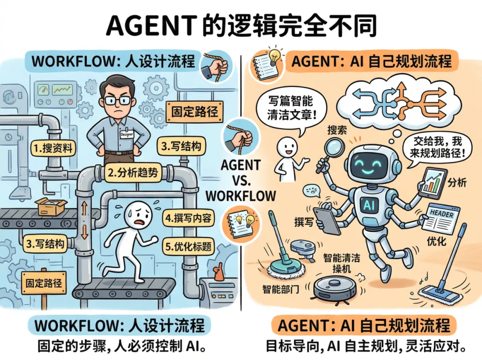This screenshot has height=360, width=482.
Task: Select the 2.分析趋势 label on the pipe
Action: (133, 173)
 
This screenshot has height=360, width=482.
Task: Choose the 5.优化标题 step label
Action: (189, 246)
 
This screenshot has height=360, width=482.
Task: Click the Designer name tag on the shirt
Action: (126, 133)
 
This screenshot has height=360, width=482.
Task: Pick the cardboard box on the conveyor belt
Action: (52, 207)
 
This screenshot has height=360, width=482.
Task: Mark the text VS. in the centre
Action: (241, 180)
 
